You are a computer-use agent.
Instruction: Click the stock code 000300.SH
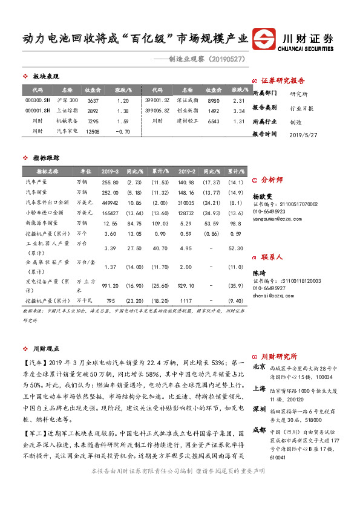coord(37,100)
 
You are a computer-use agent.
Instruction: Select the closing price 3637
coord(93,100)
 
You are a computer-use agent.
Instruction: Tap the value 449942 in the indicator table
coord(110,202)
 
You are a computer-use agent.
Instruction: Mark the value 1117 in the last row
coord(186,300)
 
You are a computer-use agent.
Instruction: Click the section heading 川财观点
coord(46,349)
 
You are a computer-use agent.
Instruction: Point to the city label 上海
coord(258,388)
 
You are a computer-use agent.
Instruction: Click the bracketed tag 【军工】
coord(33,434)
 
